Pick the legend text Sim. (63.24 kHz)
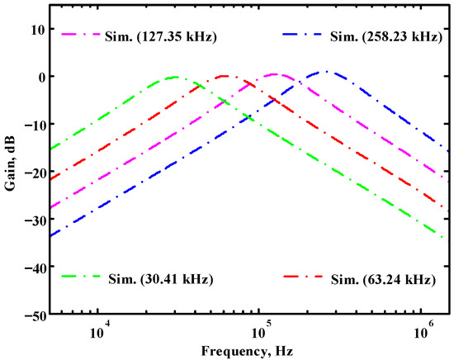383,278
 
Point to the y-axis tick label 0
41,77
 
